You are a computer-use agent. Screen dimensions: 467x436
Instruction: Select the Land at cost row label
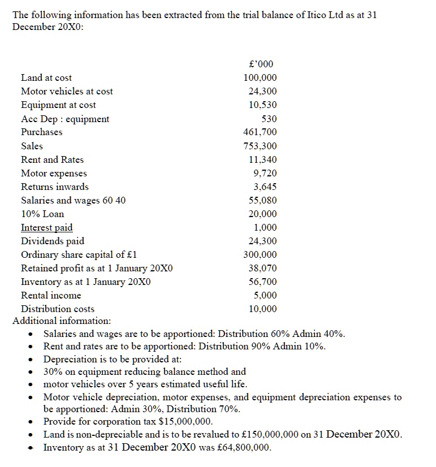click(46, 77)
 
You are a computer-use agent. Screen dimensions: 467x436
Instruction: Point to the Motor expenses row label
click(54, 173)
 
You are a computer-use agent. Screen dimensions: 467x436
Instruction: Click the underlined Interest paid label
click(46, 227)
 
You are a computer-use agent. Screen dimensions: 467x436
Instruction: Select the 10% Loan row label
click(42, 214)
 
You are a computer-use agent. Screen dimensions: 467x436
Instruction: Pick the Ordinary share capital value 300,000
click(260, 255)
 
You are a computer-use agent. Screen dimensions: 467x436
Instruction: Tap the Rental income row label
click(51, 295)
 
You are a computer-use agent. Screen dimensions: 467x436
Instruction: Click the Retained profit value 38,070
click(263, 269)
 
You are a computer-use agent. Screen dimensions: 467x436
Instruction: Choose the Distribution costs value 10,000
click(263, 309)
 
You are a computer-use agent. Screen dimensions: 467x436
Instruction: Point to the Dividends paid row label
click(53, 241)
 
